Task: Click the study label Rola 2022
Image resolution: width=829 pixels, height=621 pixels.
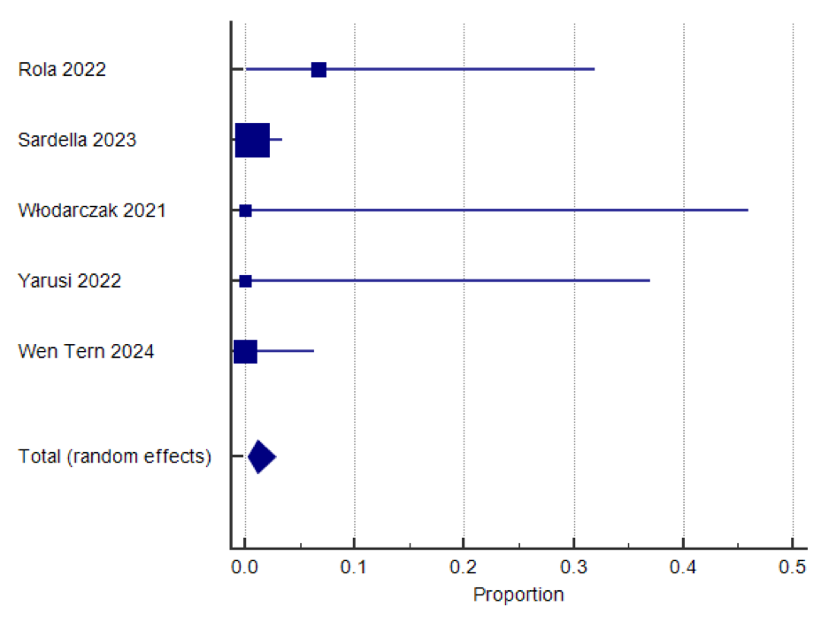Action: pos(62,70)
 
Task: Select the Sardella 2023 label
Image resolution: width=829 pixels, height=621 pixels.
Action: pos(77,140)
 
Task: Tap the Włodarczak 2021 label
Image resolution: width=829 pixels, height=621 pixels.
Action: pos(92,211)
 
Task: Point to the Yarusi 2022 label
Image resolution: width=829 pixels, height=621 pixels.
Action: pos(70,281)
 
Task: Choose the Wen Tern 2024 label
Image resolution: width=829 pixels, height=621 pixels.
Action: pos(86,352)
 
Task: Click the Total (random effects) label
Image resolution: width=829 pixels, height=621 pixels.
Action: pos(115,456)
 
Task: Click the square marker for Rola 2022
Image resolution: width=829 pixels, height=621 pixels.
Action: pos(319,70)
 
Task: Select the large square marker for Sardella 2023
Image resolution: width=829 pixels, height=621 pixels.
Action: pos(252,140)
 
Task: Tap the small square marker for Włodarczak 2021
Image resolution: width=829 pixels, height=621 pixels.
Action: pos(245,211)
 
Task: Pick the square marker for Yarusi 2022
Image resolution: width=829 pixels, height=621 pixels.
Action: pos(245,281)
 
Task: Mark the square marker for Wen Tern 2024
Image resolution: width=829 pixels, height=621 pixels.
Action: pos(245,352)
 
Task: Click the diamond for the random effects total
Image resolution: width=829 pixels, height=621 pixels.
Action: pos(262,456)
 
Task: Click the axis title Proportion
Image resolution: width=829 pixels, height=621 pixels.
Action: pos(518,594)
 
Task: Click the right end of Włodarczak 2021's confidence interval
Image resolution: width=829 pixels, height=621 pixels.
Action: pos(748,211)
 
